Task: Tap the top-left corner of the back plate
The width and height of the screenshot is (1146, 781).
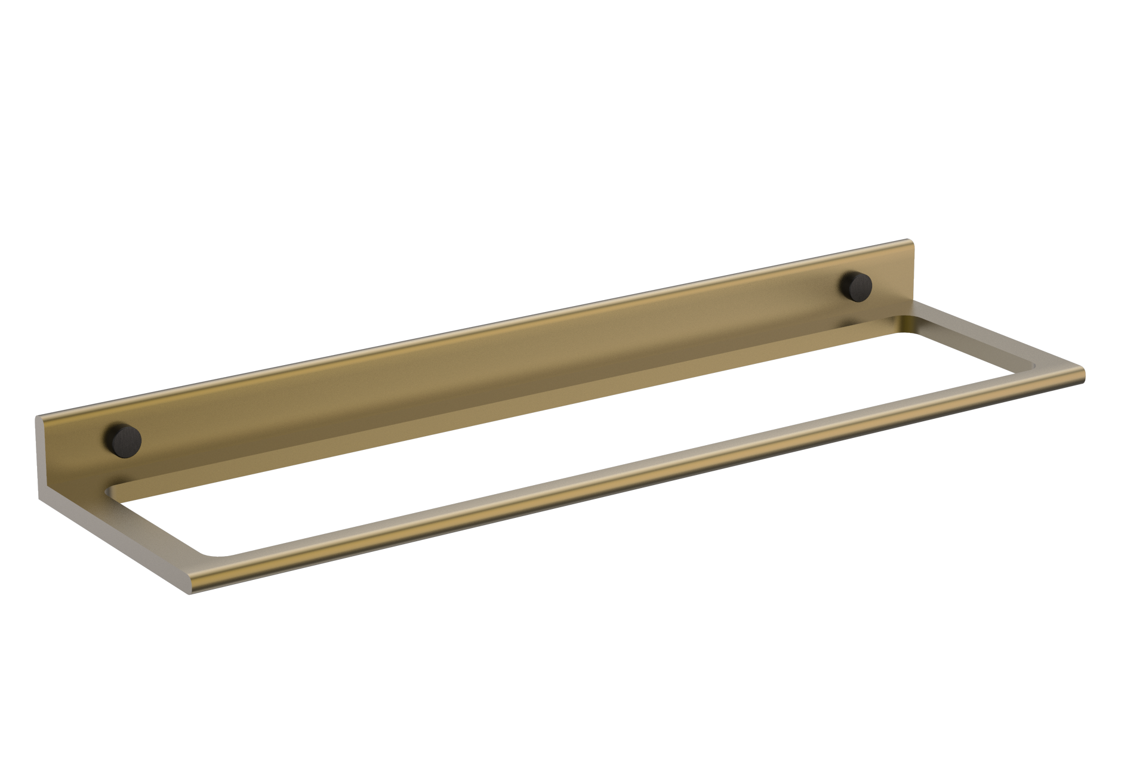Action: tap(38, 417)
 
